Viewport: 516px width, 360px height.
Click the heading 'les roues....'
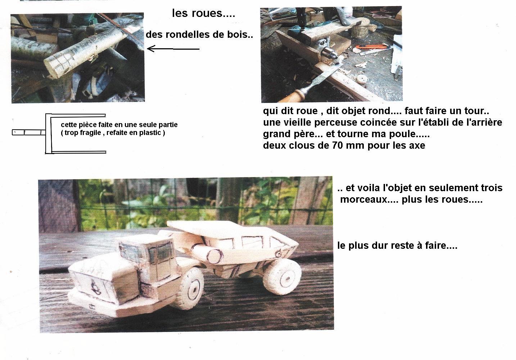point(203,14)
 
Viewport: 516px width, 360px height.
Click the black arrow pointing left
point(173,48)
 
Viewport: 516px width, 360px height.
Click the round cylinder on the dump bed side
point(213,256)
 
